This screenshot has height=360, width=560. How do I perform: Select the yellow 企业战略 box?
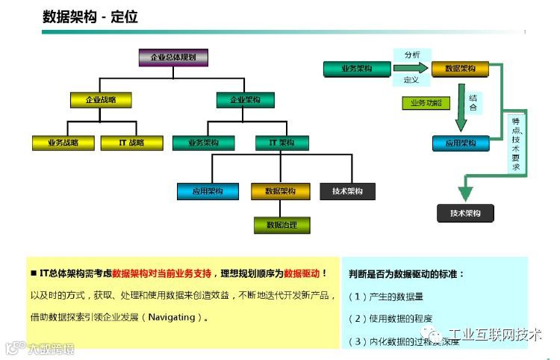(x=101, y=99)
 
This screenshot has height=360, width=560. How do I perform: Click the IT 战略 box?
(x=131, y=143)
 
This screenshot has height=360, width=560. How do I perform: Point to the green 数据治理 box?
(x=281, y=224)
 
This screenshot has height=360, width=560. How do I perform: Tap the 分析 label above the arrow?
(x=412, y=55)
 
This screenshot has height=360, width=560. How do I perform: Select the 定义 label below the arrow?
(x=411, y=79)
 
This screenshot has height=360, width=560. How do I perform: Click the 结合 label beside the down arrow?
(x=473, y=102)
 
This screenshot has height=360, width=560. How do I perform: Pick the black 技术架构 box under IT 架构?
(x=347, y=191)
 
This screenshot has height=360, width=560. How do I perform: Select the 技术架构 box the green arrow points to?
(x=465, y=214)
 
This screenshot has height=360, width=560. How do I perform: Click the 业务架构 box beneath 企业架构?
(x=203, y=143)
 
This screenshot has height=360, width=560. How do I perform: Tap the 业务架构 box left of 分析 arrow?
(x=356, y=69)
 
